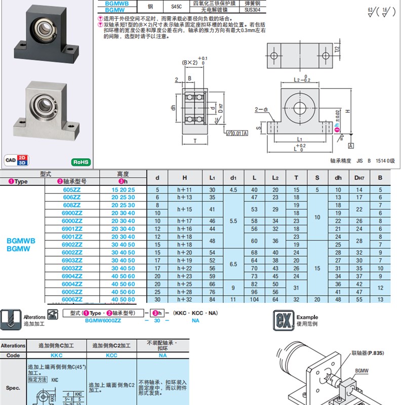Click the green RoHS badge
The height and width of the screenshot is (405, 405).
tap(81, 163)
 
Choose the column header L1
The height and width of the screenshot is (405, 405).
tap(212, 178)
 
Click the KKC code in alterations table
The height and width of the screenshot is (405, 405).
tap(57, 355)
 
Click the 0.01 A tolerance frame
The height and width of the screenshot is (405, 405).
tap(237, 133)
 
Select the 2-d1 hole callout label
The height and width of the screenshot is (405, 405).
tap(262, 109)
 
